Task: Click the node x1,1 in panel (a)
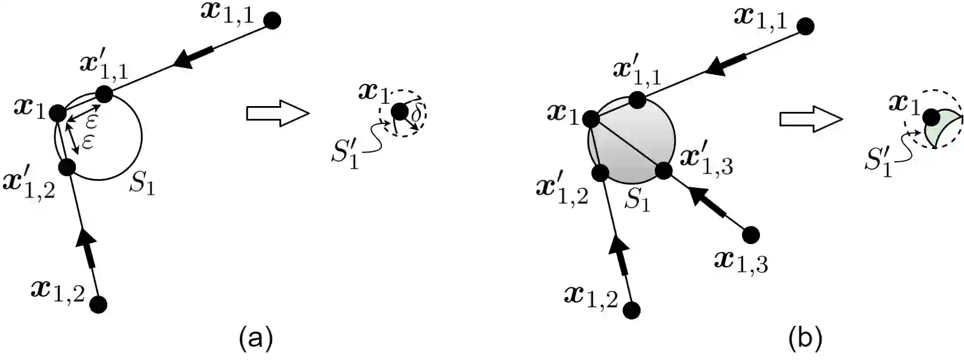click(272, 21)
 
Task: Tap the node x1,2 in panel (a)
click(99, 304)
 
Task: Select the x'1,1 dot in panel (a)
click(104, 94)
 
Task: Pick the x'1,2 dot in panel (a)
click(67, 168)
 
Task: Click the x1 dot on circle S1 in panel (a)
click(57, 113)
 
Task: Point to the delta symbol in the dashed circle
click(416, 115)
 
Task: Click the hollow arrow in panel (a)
click(277, 112)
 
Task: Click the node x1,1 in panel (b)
click(805, 26)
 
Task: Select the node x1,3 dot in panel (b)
click(751, 234)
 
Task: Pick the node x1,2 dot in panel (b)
click(632, 310)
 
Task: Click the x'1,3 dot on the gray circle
click(664, 170)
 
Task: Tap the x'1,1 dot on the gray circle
click(638, 100)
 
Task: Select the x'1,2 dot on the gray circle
click(601, 172)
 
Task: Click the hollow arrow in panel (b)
click(810, 119)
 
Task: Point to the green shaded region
click(943, 129)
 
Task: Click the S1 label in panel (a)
click(141, 184)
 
